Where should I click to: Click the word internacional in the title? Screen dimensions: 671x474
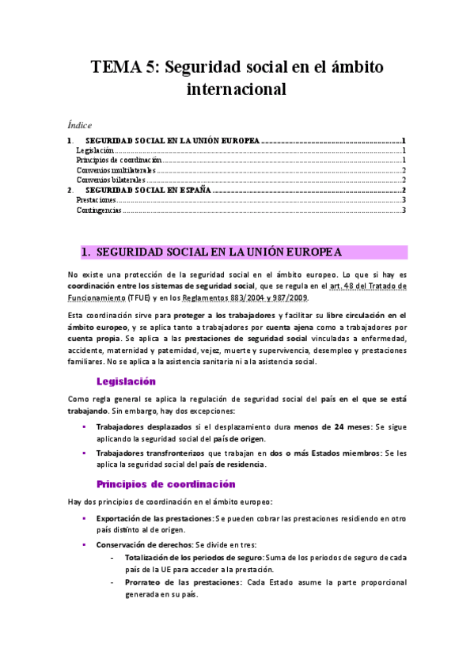pyautogui.click(x=236, y=89)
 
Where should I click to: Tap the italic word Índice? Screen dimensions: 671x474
pyautogui.click(x=80, y=125)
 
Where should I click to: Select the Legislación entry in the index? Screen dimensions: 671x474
pyautogui.click(x=95, y=150)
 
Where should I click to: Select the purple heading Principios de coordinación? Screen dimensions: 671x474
pyautogui.click(x=165, y=483)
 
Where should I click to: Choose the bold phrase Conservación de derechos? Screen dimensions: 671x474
pyautogui.click(x=142, y=545)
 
